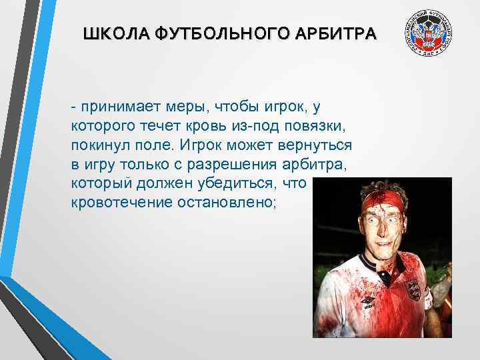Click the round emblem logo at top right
point(428,33)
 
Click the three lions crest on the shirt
point(413,290)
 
